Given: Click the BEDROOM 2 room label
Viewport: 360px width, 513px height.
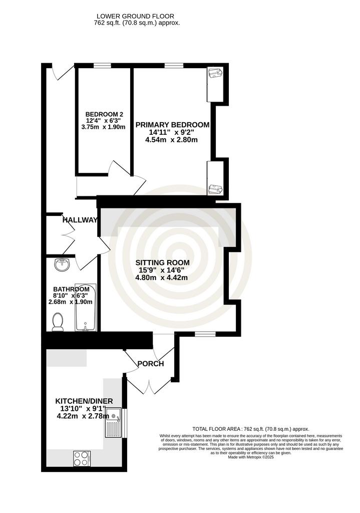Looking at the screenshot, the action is pyautogui.click(x=104, y=115).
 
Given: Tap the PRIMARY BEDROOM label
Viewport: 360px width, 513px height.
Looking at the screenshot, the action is pyautogui.click(x=173, y=125).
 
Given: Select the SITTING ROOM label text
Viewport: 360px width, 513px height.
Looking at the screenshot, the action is pyautogui.click(x=163, y=263).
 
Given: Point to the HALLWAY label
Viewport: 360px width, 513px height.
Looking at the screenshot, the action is pyautogui.click(x=80, y=220).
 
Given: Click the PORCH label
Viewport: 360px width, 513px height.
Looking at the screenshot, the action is pyautogui.click(x=151, y=364).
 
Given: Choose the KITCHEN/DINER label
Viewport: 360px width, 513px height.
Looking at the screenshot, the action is pyautogui.click(x=84, y=401).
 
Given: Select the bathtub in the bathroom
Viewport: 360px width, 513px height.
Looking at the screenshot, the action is pyautogui.click(x=85, y=308).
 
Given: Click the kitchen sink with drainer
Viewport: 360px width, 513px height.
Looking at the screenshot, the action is pyautogui.click(x=113, y=422).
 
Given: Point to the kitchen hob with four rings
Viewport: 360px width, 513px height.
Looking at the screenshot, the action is pyautogui.click(x=82, y=458).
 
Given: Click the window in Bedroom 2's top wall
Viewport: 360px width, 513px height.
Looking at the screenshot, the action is pyautogui.click(x=102, y=66).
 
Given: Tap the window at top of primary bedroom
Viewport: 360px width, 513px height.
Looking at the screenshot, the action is pyautogui.click(x=174, y=66).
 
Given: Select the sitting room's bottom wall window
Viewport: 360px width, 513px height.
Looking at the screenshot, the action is pyautogui.click(x=205, y=334).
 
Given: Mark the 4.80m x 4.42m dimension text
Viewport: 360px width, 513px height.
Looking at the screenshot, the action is pyautogui.click(x=162, y=278).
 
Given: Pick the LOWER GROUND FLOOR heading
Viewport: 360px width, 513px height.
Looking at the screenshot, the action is pyautogui.click(x=135, y=16).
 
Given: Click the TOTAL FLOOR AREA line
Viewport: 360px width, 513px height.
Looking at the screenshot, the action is pyautogui.click(x=251, y=429).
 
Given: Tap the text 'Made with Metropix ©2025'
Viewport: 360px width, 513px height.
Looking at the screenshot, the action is pyautogui.click(x=251, y=457).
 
